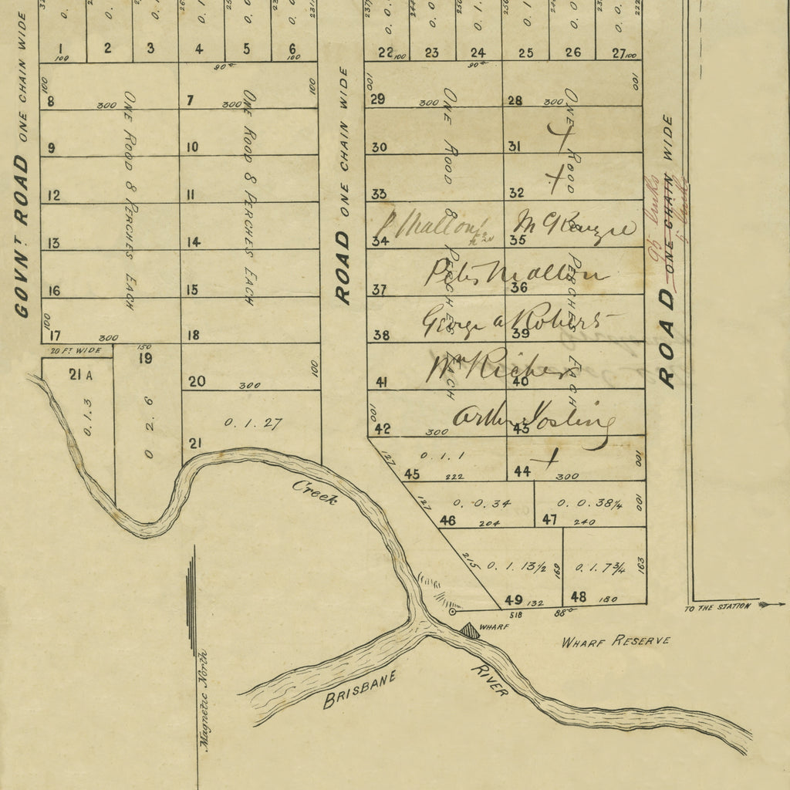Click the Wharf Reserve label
point(616,641)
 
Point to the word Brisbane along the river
point(360,689)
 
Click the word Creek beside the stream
point(315,491)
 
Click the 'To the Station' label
point(717,606)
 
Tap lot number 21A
point(80,375)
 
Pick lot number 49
point(513,599)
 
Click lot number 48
point(579,596)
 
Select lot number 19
point(146,358)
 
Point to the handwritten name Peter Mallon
point(515,272)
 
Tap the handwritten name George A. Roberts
point(522,322)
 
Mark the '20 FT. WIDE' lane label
point(76,350)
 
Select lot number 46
point(447,521)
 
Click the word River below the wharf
point(489,680)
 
